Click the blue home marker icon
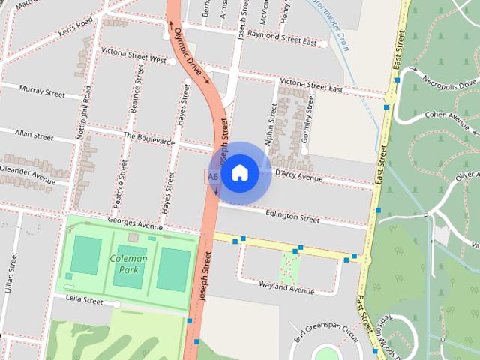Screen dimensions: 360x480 point(239,172)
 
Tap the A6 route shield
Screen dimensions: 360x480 point(213,177)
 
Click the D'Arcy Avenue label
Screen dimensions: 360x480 point(298,175)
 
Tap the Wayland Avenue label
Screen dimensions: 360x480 point(286,287)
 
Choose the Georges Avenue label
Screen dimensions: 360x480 point(135,223)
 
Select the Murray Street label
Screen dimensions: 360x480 point(43,93)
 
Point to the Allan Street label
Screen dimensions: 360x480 point(34,136)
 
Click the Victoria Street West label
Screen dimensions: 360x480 point(134,58)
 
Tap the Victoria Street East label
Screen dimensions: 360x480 point(310,88)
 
